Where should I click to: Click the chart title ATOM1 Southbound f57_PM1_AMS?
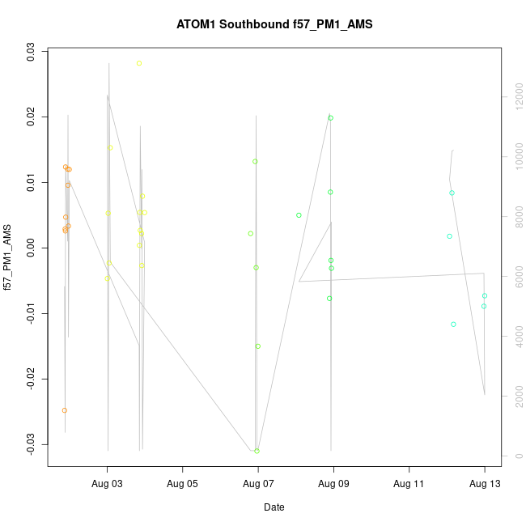pos(274,24)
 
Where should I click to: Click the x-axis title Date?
pos(274,507)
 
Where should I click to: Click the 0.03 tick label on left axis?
pos(32,53)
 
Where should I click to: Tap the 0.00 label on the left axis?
pos(32,249)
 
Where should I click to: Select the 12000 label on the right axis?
pos(512,97)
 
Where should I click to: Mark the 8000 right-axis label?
pos(512,217)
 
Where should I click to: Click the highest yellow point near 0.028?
pos(139,63)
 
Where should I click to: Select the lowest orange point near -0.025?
pos(65,410)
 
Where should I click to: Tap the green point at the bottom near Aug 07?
pos(257,451)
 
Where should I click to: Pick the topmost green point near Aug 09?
pos(331,118)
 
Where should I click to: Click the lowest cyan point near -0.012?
pos(454,324)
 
